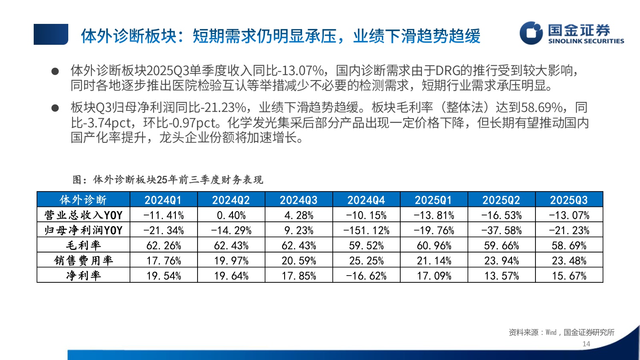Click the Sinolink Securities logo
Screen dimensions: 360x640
click(572, 33)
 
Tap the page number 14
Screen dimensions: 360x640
click(586, 344)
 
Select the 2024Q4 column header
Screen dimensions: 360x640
click(366, 200)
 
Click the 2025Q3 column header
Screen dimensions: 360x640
click(569, 200)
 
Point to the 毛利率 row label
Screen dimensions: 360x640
click(83, 245)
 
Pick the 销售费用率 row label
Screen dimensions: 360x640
click(83, 260)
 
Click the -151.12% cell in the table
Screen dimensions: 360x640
click(366, 230)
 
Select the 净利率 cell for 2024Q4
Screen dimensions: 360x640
click(366, 276)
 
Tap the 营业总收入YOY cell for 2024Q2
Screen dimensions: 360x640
click(231, 215)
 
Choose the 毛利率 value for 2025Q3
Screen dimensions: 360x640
click(569, 245)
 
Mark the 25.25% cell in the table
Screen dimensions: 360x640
click(366, 260)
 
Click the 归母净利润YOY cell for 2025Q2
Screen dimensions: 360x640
click(501, 230)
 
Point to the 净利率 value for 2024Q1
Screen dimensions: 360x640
click(163, 276)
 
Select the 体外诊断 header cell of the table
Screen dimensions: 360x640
click(83, 200)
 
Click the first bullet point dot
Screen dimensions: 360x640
click(55, 72)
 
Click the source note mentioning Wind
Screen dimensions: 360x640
click(561, 332)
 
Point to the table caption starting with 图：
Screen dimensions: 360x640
click(168, 180)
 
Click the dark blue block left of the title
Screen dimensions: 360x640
click(51, 34)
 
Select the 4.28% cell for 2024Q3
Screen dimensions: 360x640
click(299, 215)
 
